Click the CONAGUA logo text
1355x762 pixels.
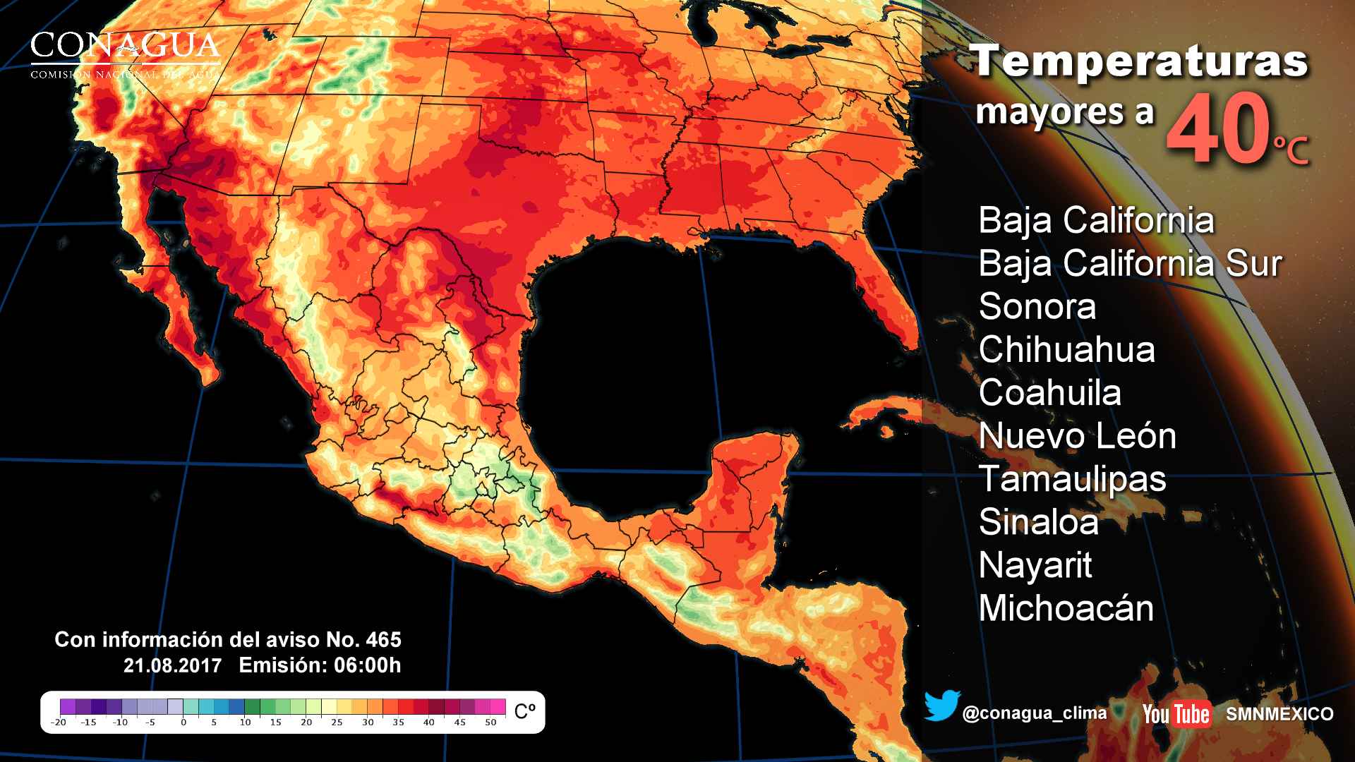[x=125, y=47]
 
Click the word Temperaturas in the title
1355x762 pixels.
[x=1139, y=61]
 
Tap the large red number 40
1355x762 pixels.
[x=1217, y=132]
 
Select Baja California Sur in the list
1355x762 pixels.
[x=1129, y=264]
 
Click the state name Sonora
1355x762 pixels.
[x=1037, y=307]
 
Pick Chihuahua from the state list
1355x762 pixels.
[x=1066, y=350]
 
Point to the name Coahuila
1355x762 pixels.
[x=1049, y=393]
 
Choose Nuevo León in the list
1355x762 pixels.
[x=1077, y=436]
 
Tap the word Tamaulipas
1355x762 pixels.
[x=1072, y=479]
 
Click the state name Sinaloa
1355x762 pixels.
[x=1038, y=522]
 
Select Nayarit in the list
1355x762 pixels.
[x=1035, y=565]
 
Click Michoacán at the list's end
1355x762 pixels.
[x=1066, y=608]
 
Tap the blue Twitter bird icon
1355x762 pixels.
[x=941, y=706]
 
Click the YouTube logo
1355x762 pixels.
[x=1176, y=713]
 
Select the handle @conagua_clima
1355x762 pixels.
[x=1034, y=713]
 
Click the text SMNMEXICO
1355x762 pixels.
[x=1279, y=714]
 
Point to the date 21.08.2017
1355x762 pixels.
[x=172, y=665]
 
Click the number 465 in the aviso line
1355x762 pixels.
[x=383, y=640]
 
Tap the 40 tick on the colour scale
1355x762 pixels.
[x=428, y=722]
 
